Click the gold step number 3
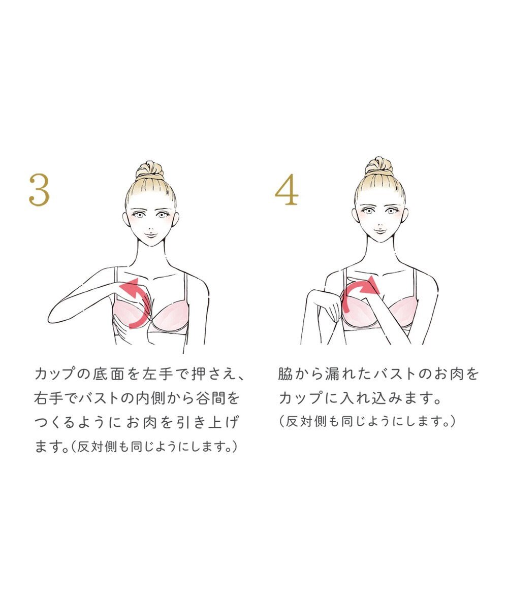point(39,190)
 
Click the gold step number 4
point(286,190)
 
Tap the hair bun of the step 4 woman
point(379,166)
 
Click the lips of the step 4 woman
point(378,231)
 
